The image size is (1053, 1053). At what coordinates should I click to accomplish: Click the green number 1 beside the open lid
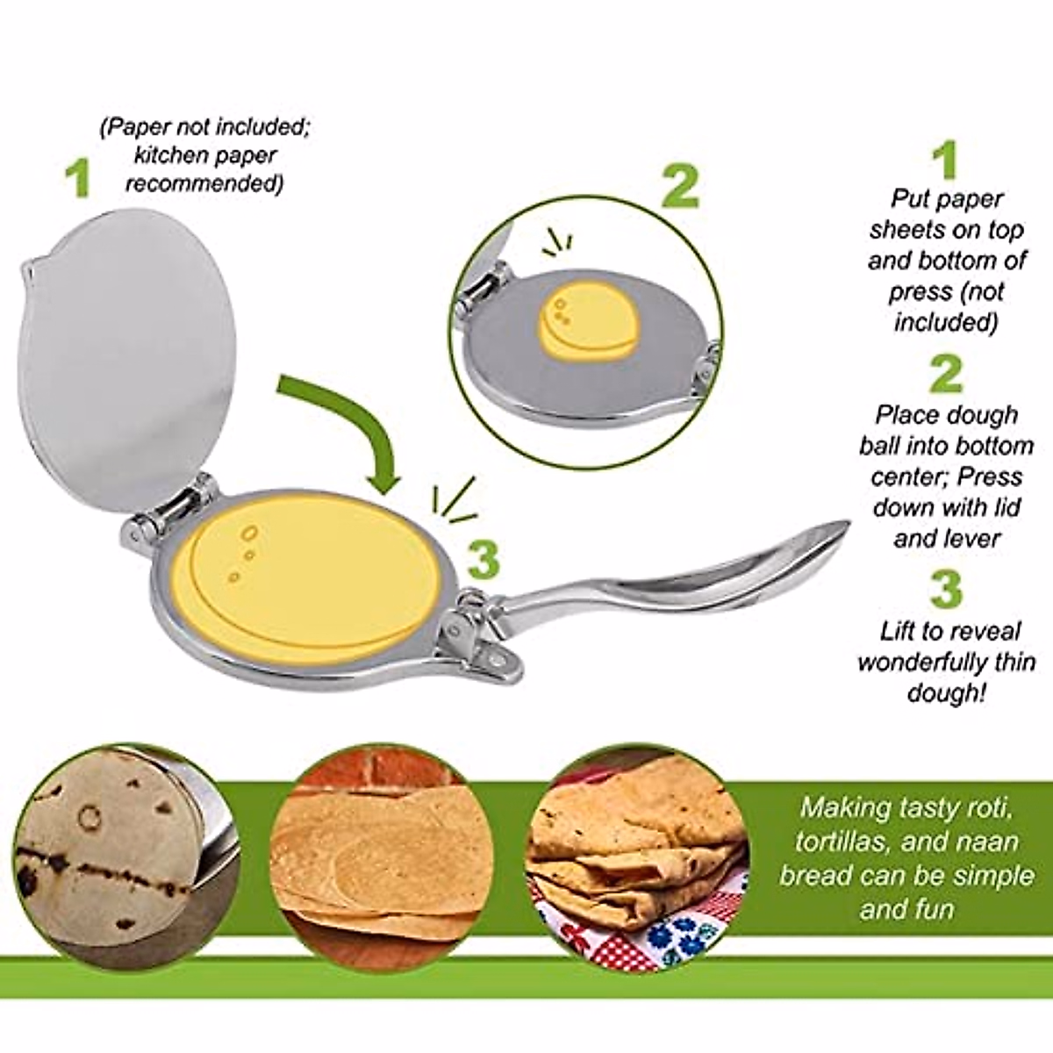(81, 177)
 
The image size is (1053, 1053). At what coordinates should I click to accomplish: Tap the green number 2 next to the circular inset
(681, 187)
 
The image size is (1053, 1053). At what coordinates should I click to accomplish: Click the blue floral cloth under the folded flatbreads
(680, 939)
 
